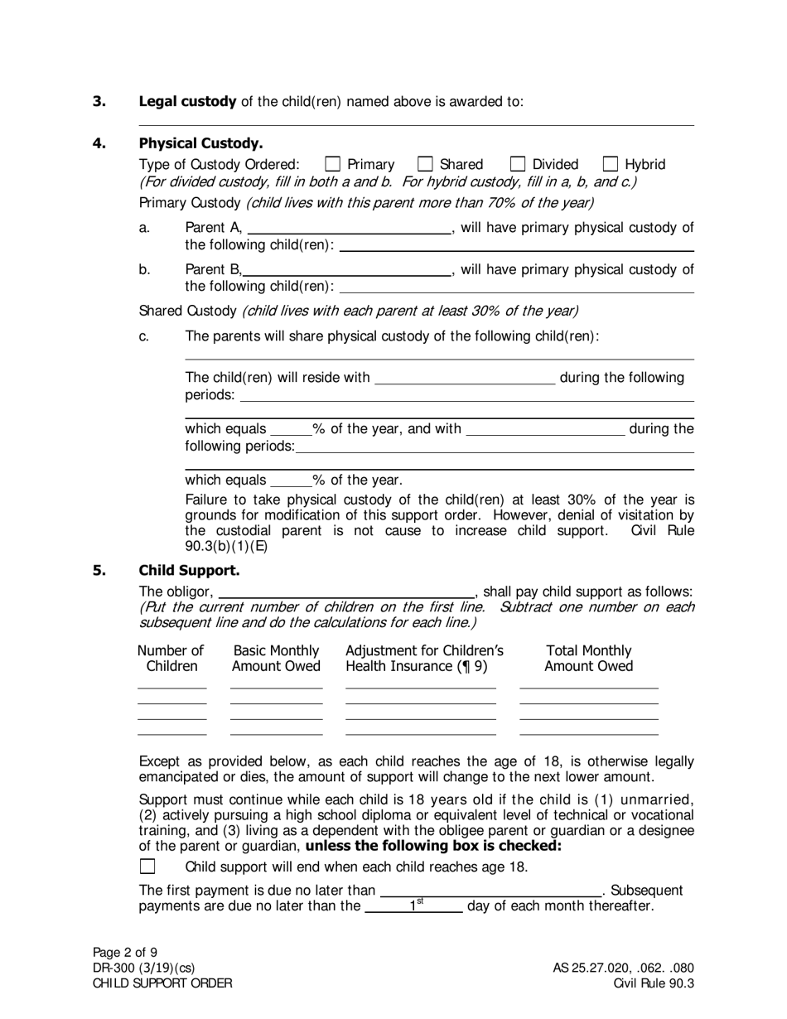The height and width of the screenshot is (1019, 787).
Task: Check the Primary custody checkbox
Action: coord(333,164)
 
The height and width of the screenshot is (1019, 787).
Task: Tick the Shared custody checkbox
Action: coord(426,164)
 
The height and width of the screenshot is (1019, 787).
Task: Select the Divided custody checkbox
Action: coord(518,164)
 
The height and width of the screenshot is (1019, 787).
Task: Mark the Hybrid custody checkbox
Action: coord(611,164)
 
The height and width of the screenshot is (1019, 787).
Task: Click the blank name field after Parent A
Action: coord(349,228)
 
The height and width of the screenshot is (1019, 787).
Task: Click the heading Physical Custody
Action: coord(200,143)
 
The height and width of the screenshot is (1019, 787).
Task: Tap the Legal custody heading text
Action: coord(188,102)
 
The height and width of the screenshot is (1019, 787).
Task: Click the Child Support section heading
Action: coord(189,571)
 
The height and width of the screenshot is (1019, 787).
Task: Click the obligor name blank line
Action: coord(345,591)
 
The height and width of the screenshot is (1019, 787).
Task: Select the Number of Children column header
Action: coord(171,659)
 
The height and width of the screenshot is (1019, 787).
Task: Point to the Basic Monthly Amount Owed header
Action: coord(276,659)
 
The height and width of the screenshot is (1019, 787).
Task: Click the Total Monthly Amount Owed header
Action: coord(589,659)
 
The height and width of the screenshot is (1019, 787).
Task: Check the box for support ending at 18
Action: coord(147,867)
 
